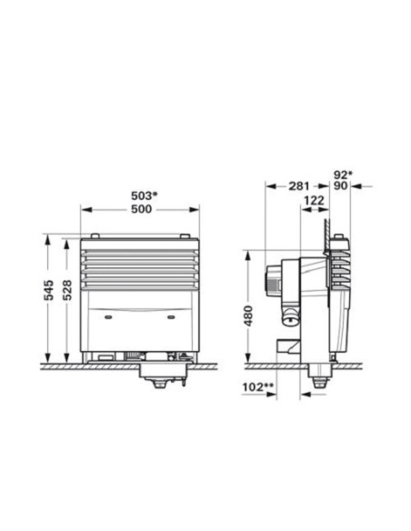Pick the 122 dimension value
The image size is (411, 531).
(x=312, y=202)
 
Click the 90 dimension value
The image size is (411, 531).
(x=340, y=186)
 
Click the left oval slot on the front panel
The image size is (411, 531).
(x=109, y=317)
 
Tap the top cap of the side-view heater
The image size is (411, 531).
(x=337, y=238)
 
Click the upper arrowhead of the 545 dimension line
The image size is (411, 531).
(x=47, y=238)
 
